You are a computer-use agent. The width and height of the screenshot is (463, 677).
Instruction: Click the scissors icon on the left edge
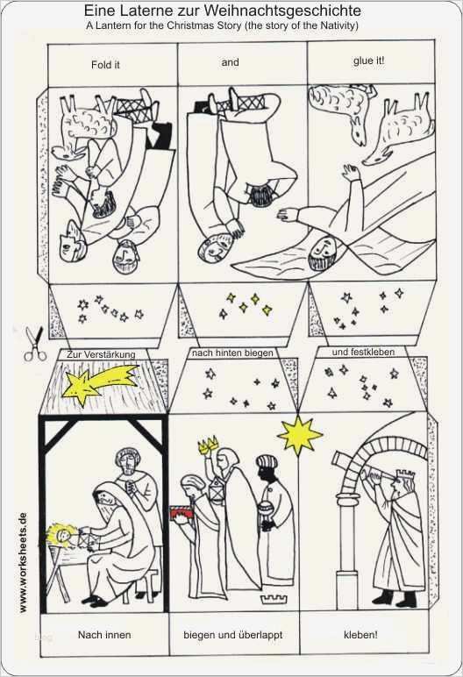[34, 344]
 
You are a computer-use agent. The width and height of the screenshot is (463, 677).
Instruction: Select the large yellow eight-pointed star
[300, 436]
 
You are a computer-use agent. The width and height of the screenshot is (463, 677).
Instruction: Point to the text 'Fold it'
[105, 65]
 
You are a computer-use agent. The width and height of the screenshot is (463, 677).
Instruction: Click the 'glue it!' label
[369, 61]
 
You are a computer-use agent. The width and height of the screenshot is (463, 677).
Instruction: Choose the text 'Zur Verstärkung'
[101, 354]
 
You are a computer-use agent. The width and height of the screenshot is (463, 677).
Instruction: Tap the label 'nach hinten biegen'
[232, 353]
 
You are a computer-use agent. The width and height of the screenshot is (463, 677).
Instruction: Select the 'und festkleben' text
[363, 353]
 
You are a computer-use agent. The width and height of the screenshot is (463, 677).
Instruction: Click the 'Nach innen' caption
[104, 635]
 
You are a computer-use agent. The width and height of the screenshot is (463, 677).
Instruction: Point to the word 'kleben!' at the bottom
[360, 635]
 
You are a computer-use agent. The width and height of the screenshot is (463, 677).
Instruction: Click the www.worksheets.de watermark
[24, 562]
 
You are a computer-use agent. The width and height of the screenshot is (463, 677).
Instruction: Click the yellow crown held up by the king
[208, 445]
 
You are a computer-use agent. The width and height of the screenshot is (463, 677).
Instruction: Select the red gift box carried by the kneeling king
[182, 512]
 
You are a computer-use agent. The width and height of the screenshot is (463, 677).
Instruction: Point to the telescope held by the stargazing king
[360, 469]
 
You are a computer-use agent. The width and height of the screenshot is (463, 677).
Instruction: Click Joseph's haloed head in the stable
[128, 463]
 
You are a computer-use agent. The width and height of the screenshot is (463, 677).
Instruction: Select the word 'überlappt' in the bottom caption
[261, 636]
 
